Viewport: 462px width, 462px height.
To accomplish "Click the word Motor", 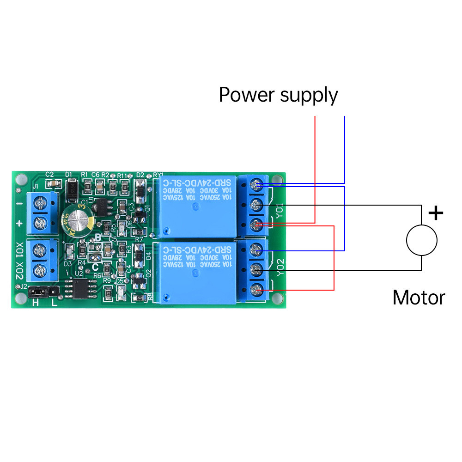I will (x=419, y=298).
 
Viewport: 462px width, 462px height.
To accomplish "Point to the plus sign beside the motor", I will (x=436, y=213).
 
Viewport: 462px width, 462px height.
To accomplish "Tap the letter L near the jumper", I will (x=55, y=303).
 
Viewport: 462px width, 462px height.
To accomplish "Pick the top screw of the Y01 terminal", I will (x=254, y=185).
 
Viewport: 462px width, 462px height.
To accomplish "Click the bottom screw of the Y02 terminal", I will (x=254, y=290).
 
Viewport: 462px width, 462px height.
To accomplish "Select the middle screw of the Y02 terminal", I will (x=254, y=269).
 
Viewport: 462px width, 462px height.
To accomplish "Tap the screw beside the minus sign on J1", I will (x=43, y=202).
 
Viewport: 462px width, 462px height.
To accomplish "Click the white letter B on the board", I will (x=97, y=237).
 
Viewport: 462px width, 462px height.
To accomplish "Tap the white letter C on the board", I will (x=95, y=266).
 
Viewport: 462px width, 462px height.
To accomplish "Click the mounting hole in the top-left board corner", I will (x=20, y=179).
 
